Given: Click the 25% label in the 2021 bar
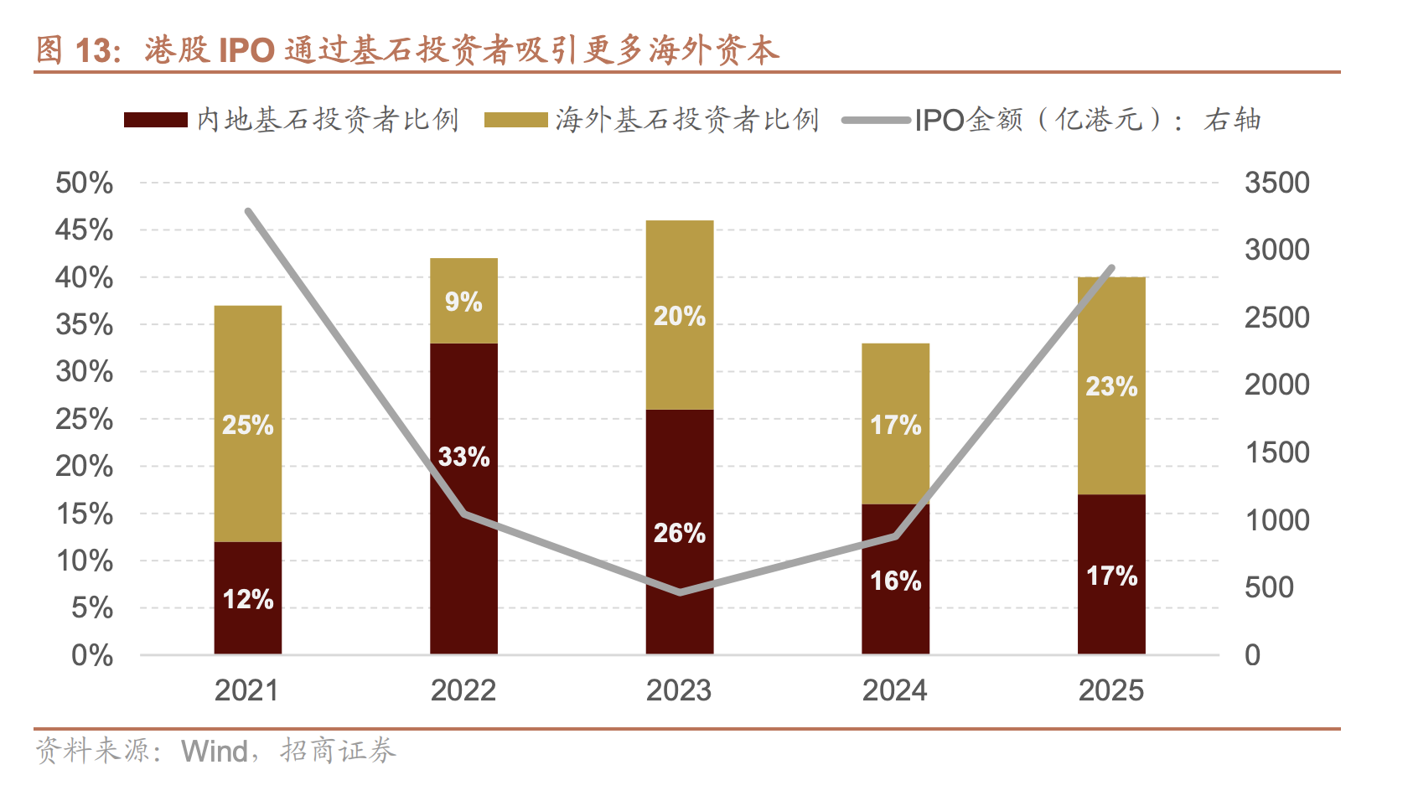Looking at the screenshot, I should coord(247,425).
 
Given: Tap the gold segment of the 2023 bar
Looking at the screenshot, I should coord(679,276).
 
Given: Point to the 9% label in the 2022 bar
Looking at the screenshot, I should coord(463,302).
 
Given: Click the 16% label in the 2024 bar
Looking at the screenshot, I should coord(895,581).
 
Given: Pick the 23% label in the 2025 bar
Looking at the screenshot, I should coord(1111,386).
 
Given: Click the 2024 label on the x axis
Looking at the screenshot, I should coord(895,690).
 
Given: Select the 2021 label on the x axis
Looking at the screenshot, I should coord(246,690).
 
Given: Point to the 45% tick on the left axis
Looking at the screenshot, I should coord(84,230).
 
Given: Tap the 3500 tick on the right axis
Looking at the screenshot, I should coord(1276,183).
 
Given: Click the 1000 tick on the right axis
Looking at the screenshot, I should coord(1276,520).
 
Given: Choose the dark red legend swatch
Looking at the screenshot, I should coord(155,120).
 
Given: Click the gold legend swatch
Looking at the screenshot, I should coord(515,120).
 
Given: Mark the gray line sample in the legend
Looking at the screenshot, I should coord(876,120).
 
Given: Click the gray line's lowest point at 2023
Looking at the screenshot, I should coord(680,592).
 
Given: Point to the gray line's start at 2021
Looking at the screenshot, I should coord(248,211).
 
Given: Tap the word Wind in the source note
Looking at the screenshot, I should coord(215,751).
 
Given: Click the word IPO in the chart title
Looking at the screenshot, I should coord(246,50).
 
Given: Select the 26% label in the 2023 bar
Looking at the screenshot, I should coord(679,533).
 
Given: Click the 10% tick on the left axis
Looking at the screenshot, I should coord(84,561).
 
